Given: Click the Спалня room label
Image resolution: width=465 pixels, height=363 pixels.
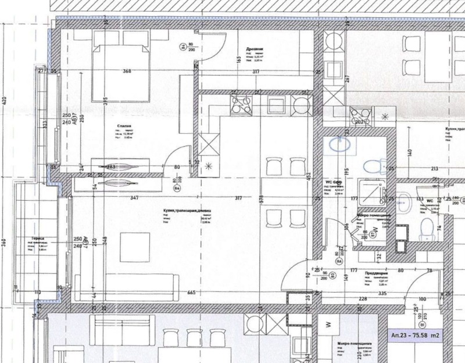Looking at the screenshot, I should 123,125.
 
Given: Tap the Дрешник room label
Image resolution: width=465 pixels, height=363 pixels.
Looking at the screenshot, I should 255,50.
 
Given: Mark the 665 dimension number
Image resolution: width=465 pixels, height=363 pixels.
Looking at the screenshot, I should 192,293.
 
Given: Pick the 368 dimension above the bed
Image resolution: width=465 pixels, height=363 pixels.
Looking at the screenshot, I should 127,72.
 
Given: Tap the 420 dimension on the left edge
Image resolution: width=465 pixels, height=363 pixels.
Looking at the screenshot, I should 5,100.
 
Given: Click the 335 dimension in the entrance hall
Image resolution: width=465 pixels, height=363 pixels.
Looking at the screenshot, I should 382,294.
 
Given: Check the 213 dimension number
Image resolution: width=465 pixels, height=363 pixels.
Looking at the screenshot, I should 434,169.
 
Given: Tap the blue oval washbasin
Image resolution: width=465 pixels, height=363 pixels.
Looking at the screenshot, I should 338,144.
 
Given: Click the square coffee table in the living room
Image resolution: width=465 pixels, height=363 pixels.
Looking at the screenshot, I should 135,247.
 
